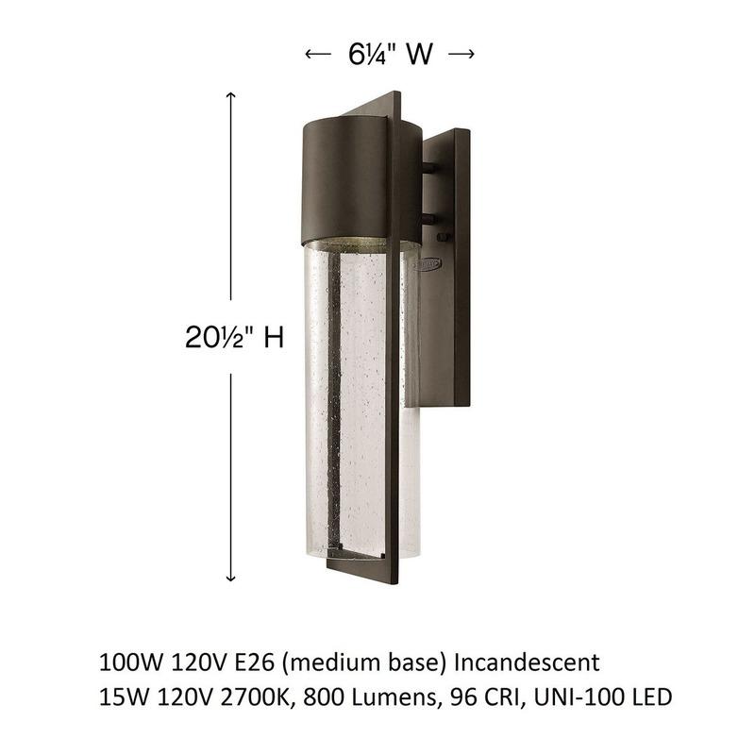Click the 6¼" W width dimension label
[x=391, y=54]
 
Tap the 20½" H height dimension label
[x=234, y=337]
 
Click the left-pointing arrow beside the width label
[x=318, y=54]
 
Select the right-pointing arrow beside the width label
[x=461, y=54]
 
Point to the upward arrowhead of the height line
[x=231, y=95]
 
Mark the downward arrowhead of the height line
[x=231, y=577]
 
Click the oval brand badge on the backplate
[x=428, y=264]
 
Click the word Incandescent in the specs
[x=528, y=663]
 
